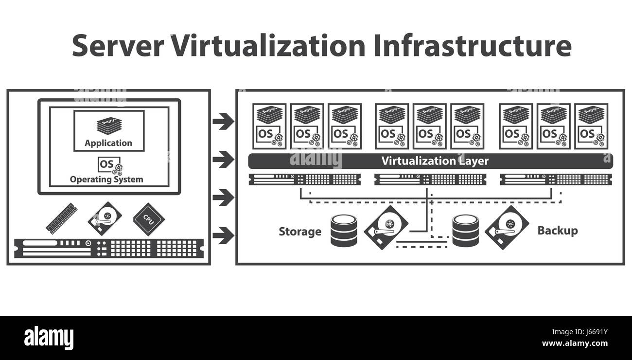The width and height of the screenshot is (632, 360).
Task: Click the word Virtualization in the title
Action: (x=268, y=46)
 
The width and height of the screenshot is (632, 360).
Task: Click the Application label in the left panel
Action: (x=108, y=143)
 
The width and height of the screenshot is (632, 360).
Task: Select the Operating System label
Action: (x=106, y=179)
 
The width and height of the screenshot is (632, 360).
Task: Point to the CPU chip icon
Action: (x=149, y=219)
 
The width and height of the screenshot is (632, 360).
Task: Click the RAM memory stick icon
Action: (x=62, y=218)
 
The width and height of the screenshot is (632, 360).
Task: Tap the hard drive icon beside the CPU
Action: (x=105, y=219)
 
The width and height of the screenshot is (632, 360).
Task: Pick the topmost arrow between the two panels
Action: (x=223, y=121)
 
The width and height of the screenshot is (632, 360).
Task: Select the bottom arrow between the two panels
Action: (x=223, y=235)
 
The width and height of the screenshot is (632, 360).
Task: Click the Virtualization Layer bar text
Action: (x=435, y=161)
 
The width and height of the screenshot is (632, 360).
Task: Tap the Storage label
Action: (x=300, y=232)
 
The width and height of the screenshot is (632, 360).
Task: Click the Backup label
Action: (x=557, y=231)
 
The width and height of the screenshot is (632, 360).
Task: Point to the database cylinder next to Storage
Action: (x=344, y=231)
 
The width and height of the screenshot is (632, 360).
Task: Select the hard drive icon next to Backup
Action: (x=507, y=228)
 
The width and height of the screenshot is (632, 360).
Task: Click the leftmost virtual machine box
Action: (x=269, y=126)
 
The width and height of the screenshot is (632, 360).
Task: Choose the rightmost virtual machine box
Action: (x=591, y=126)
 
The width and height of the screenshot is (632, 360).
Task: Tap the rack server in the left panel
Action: (x=108, y=248)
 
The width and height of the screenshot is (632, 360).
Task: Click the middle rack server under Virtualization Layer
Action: (x=430, y=179)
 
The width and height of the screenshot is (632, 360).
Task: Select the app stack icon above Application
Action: (x=108, y=126)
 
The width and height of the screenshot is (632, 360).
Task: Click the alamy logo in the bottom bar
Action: (x=49, y=338)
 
